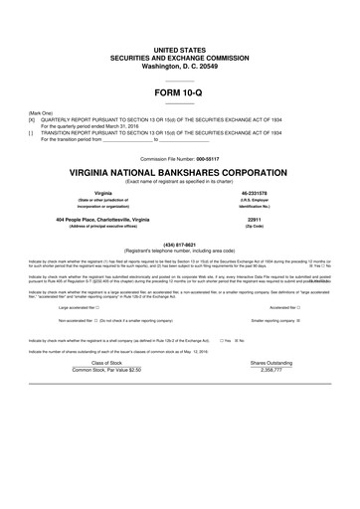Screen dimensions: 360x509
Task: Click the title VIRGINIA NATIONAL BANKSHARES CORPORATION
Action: pyautogui.click(x=179, y=172)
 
